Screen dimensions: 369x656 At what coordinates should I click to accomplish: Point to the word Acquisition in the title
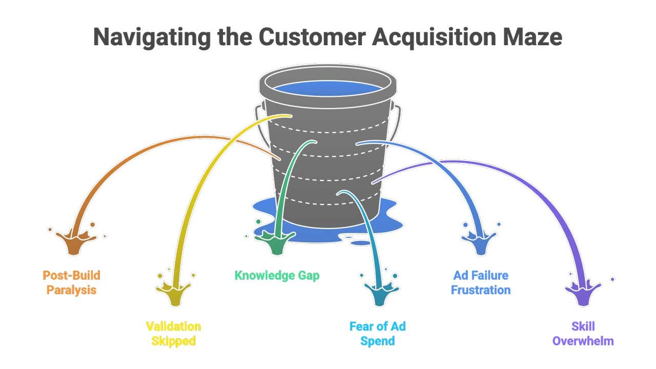click(429, 37)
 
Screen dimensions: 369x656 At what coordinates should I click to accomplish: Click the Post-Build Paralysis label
click(71, 282)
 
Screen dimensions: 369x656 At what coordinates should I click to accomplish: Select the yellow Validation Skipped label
click(173, 333)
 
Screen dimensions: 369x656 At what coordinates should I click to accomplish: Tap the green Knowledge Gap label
click(277, 275)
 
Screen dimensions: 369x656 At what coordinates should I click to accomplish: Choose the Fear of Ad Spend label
click(377, 333)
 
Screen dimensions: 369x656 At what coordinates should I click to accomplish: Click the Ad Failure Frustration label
click(480, 282)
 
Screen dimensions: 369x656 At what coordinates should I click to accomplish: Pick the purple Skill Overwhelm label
click(583, 333)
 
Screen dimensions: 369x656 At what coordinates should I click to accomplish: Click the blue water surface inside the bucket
click(327, 88)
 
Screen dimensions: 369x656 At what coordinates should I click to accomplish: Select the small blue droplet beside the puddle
click(362, 243)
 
